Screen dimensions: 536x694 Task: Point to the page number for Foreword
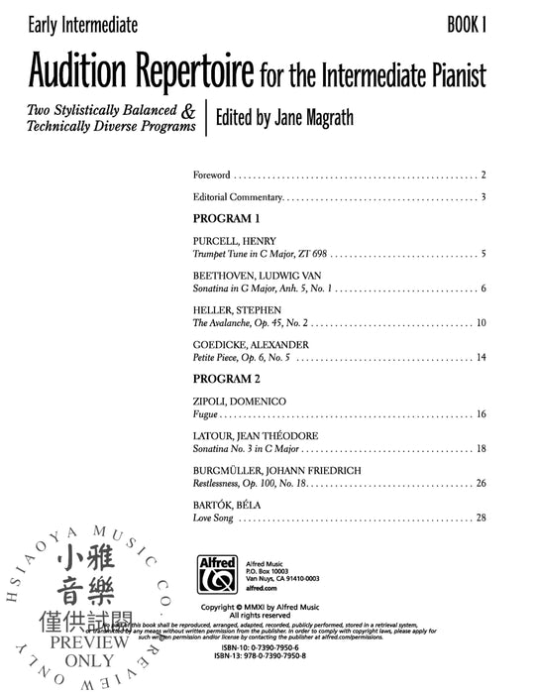482,174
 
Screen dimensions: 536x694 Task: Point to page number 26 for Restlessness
481,484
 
